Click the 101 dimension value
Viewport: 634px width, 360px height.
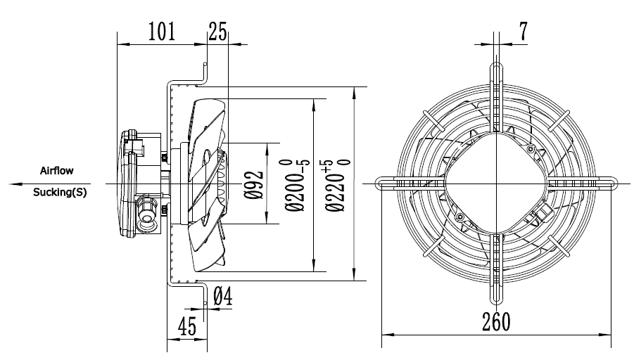pyautogui.click(x=162, y=32)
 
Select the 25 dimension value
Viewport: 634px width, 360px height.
pyautogui.click(x=218, y=32)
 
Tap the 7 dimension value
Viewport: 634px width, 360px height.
pyautogui.click(x=524, y=31)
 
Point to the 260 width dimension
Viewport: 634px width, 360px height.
pyautogui.click(x=496, y=322)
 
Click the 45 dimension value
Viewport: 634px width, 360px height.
pyautogui.click(x=187, y=326)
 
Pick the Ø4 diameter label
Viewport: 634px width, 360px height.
pyautogui.click(x=223, y=296)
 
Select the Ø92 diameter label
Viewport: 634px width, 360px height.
pyautogui.click(x=254, y=186)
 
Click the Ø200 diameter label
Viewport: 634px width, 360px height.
pyautogui.click(x=297, y=186)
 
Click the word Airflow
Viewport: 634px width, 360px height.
pyautogui.click(x=56, y=171)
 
